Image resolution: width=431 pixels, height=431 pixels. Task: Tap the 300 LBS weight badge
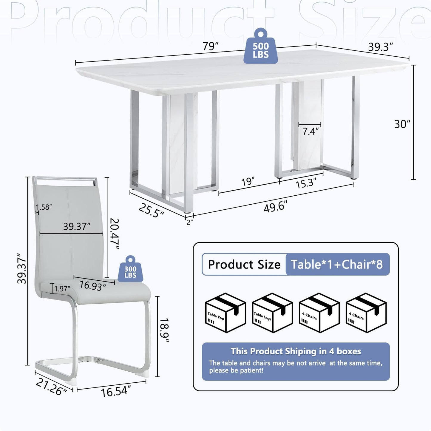131,269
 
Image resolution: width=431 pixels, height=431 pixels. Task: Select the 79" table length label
211,46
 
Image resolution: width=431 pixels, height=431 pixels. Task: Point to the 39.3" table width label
381,47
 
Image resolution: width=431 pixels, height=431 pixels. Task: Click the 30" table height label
402,124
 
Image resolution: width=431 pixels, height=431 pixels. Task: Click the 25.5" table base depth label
151,211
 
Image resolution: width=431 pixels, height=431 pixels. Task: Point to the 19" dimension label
248,182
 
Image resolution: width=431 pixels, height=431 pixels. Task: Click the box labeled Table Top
226,313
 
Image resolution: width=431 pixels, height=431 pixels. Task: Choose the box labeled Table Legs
272,313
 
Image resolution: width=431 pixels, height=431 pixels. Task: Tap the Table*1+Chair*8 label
337,264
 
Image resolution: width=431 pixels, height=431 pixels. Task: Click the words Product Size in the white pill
244,264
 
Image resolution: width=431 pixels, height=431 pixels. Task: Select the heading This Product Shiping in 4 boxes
296,351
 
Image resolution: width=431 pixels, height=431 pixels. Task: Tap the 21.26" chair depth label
51,387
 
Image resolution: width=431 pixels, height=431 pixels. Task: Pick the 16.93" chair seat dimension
93,286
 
